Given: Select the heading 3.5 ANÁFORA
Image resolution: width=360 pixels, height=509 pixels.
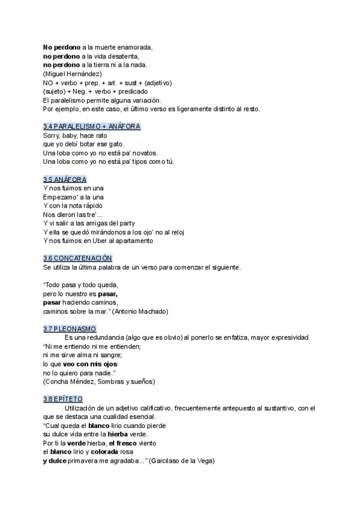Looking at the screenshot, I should (65, 179).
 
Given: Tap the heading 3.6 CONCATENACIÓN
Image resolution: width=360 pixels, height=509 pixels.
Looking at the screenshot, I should (78, 258).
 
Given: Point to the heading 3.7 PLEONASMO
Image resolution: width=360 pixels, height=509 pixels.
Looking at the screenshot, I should (70, 328).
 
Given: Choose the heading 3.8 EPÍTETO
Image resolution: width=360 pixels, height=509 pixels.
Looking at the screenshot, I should (63, 399).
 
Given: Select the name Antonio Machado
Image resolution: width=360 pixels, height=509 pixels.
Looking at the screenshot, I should (142, 312).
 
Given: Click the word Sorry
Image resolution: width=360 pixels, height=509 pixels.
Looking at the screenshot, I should (52, 136).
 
